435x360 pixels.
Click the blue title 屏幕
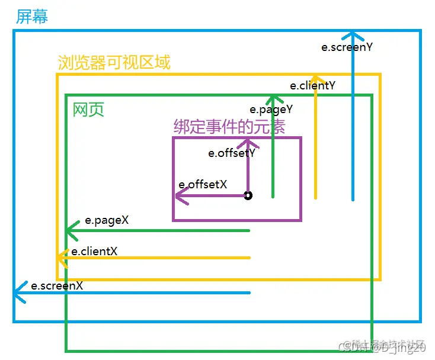pyautogui.click(x=31, y=16)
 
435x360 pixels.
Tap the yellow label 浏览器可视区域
pyautogui.click(x=114, y=62)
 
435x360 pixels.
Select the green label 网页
pyautogui.click(x=88, y=110)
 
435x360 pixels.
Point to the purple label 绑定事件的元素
pyautogui.click(x=229, y=127)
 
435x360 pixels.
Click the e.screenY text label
pyautogui.click(x=347, y=47)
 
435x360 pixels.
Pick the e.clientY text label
pyautogui.click(x=312, y=85)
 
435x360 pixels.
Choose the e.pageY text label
pyautogui.click(x=271, y=109)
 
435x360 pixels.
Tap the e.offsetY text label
pyautogui.click(x=232, y=153)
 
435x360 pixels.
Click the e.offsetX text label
pyautogui.click(x=203, y=184)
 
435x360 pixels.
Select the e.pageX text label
pyautogui.click(x=107, y=220)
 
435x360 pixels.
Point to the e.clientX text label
pyautogui.click(x=94, y=251)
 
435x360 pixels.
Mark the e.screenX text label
pyautogui.click(x=57, y=285)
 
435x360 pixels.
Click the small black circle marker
pyautogui.click(x=248, y=195)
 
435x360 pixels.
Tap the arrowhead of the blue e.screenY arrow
pyautogui.click(x=353, y=34)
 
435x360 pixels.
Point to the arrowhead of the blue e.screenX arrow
pyautogui.click(x=19, y=292)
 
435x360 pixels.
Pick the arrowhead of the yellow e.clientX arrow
pyautogui.click(x=60, y=258)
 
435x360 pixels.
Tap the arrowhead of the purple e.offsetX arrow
pyautogui.click(x=179, y=195)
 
